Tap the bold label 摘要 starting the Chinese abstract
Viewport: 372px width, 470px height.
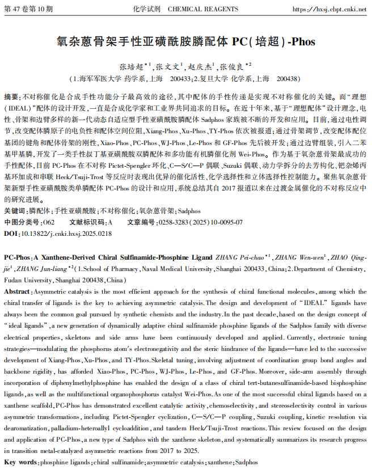click(x=11, y=96)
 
